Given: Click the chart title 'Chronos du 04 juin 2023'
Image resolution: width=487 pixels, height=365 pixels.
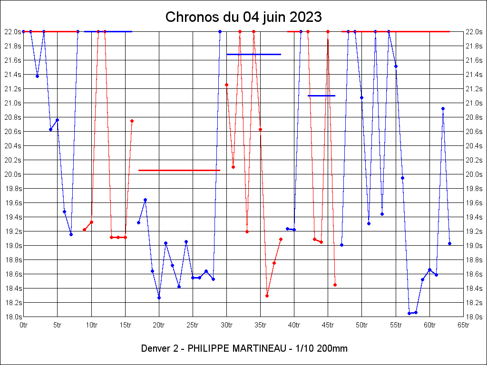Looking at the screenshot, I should (243, 17).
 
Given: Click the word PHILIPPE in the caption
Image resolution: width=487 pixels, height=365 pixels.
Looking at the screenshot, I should (208, 348).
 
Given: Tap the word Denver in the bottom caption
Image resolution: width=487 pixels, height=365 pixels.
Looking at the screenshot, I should (156, 348).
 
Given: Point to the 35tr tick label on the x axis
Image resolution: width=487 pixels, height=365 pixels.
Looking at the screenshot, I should (260, 325).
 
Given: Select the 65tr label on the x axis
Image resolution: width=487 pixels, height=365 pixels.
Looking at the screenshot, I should (464, 325).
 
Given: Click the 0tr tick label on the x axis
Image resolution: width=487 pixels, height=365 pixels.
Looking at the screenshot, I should (24, 325).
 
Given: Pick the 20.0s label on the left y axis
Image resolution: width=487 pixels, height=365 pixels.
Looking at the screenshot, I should (12, 174).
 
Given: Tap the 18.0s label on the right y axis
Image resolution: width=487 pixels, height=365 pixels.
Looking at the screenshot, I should (475, 317).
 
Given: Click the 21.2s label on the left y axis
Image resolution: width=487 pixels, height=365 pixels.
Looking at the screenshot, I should (12, 88).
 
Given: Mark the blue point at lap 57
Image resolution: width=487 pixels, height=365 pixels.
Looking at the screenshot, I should (409, 313).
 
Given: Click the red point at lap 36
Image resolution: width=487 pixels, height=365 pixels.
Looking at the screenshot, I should (267, 296).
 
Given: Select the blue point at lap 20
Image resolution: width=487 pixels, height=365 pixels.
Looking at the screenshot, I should (159, 298).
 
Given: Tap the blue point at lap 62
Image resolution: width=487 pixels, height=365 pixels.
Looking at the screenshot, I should (443, 108).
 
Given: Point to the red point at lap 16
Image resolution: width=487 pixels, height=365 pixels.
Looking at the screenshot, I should (132, 121).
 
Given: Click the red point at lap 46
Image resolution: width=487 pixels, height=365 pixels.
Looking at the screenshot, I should (335, 285).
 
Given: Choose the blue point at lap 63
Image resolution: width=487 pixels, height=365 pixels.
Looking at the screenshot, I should (449, 244).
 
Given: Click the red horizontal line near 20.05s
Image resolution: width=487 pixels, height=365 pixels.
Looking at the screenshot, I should (179, 170).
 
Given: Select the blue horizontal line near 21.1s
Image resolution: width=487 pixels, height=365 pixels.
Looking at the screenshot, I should (321, 96).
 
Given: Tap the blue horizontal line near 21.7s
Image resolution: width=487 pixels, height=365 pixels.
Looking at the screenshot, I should (253, 54).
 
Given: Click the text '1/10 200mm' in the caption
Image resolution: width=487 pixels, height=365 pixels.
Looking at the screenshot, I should (323, 348).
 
